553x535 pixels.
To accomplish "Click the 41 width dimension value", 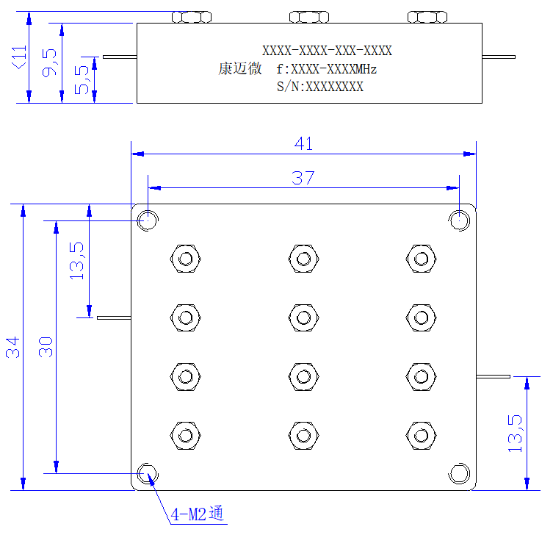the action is point(303,144).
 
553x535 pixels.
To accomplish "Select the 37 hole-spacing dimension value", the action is point(303,178).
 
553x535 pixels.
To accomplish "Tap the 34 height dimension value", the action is point(12,348).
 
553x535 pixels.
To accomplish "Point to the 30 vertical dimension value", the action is point(46,348).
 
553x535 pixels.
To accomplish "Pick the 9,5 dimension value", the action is point(49,62).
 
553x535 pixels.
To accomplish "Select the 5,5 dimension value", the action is point(82,80).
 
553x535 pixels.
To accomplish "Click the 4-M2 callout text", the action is point(197,514).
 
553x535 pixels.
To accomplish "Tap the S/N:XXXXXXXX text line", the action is point(320,87).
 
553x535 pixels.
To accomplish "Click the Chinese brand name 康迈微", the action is point(240,68).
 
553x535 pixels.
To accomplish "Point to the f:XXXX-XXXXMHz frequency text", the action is point(327,69).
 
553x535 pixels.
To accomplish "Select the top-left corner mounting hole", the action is point(148,220).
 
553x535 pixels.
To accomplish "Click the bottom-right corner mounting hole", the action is point(459,473).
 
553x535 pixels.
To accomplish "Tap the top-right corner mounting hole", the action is point(459,220).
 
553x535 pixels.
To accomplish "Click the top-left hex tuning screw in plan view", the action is point(186,259).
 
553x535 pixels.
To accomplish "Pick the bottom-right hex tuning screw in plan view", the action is point(421,436).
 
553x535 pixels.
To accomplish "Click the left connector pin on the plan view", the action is point(114,317).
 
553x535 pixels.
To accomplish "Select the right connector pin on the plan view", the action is point(493,376).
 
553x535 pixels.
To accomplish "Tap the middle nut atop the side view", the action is point(309,17).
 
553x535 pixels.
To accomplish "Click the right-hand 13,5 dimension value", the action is point(515,434).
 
